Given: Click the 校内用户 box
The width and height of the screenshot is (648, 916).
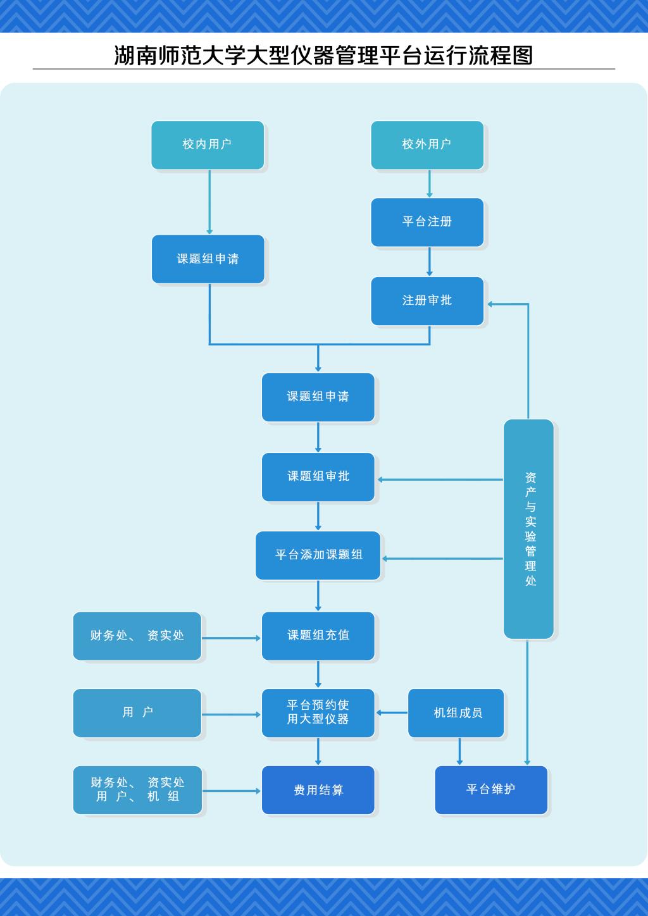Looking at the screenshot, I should [208, 145].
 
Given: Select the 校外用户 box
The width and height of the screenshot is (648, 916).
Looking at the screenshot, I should [427, 145].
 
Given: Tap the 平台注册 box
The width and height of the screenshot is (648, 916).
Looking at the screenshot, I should [427, 222].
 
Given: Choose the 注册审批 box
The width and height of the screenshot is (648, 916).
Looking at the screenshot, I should [427, 300].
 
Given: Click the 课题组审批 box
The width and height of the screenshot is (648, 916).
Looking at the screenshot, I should [318, 476].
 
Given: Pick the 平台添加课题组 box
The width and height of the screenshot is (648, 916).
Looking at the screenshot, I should [318, 555].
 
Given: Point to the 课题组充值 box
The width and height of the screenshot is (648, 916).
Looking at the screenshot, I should [318, 635].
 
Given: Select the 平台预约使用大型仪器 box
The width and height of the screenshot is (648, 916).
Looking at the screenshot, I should [318, 712].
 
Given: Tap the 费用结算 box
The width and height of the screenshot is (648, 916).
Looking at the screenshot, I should [318, 789].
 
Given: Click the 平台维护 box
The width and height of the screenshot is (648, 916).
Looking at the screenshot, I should [491, 789].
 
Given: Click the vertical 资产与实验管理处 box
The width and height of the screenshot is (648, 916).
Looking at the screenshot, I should [529, 529].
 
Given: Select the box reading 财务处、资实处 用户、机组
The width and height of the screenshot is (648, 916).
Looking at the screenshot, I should [137, 789].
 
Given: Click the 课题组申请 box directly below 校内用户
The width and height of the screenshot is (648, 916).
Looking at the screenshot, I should [208, 259].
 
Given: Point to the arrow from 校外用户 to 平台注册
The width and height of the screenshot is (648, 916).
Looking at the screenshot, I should [430, 184].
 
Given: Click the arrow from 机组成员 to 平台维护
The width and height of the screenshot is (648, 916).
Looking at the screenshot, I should [460, 752].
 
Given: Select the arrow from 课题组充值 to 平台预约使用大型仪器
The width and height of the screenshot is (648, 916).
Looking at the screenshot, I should [318, 674].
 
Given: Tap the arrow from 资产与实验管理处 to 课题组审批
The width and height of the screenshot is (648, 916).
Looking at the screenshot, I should [440, 480].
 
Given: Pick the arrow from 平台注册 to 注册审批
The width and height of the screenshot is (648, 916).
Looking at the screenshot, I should [430, 261].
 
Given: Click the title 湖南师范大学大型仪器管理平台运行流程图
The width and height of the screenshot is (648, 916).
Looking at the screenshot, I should [323, 56].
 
